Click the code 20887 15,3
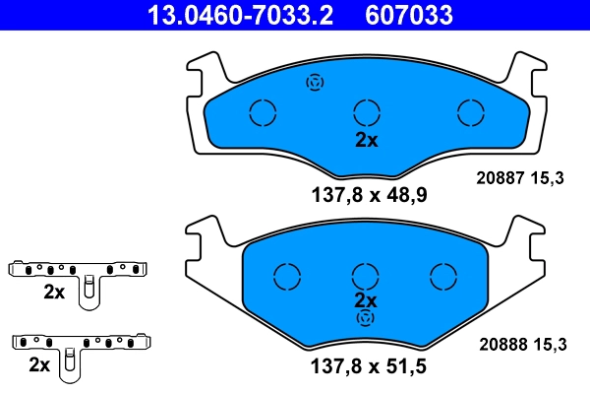(520, 178)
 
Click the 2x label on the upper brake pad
(366, 140)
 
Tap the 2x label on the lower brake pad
(366, 299)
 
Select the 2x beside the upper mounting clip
(53, 293)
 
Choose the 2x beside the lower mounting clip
(40, 365)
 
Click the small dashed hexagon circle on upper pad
(316, 83)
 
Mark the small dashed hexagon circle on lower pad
(366, 318)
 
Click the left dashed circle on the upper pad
(264, 113)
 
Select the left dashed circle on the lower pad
(286, 277)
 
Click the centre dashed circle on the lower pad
(366, 277)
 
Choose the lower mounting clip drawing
(83, 348)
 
